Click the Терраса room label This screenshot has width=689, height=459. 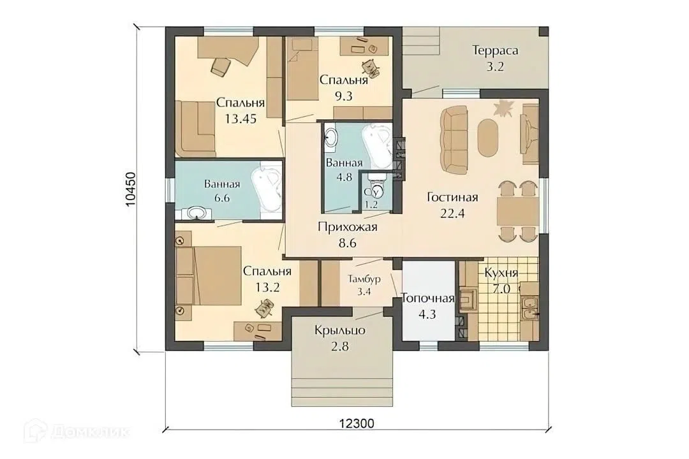point(495,50)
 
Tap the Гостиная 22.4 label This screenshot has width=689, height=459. point(452,205)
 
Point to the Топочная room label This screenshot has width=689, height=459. point(427,299)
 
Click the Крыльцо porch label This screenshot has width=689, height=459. point(339,330)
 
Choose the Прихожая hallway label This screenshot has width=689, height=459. point(347,227)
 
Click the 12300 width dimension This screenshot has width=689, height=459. point(357,423)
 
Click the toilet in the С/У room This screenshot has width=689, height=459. point(377,183)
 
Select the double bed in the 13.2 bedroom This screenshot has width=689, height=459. point(209,275)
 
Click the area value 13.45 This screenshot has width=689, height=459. point(241,119)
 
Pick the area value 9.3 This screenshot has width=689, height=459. point(344,96)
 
